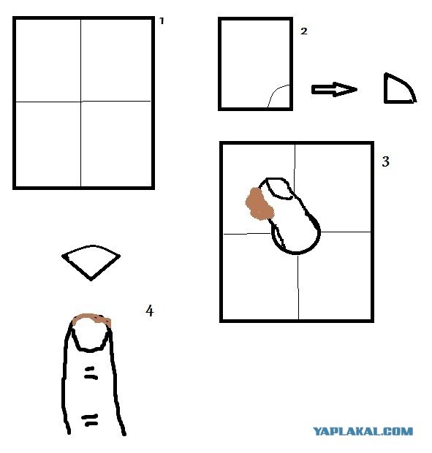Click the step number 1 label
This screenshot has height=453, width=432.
(162, 20)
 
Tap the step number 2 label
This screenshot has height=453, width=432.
(303, 31)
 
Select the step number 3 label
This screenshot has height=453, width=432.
(386, 161)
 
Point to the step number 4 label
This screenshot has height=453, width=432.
(149, 311)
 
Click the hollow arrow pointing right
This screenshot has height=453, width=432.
(334, 89)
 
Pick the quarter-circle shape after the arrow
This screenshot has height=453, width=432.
(400, 88)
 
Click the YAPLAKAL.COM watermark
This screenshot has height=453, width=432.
(363, 431)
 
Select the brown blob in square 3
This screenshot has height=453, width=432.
(259, 203)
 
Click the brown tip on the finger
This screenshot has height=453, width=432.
(92, 319)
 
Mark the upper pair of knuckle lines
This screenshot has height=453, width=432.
(91, 373)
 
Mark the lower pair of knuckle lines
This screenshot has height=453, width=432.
(90, 420)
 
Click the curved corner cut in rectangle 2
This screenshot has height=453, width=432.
(276, 91)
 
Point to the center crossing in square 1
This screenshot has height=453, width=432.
(81, 102)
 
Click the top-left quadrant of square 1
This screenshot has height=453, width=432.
(48, 61)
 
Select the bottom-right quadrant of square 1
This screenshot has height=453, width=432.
(116, 144)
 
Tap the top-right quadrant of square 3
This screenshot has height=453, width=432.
(333, 188)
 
